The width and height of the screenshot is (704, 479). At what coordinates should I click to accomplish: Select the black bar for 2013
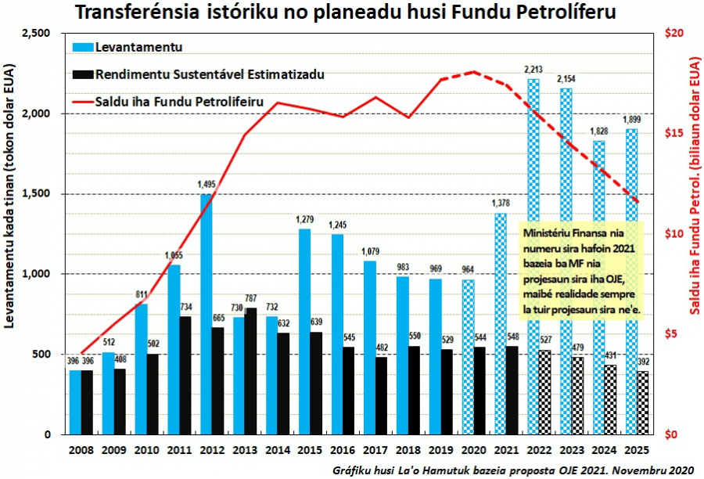pos(250,372)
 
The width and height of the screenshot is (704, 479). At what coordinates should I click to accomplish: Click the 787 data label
pos(251,297)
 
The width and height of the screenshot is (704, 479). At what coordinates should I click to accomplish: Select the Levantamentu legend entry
pos(138,47)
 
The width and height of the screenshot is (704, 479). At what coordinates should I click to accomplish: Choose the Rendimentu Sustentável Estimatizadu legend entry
pos(210,74)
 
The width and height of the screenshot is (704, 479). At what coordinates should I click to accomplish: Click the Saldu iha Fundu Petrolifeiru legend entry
pos(178,102)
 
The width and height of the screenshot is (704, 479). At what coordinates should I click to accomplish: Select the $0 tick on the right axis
pos(674,434)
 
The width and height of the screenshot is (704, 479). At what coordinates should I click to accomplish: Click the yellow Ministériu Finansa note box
pos(579,271)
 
